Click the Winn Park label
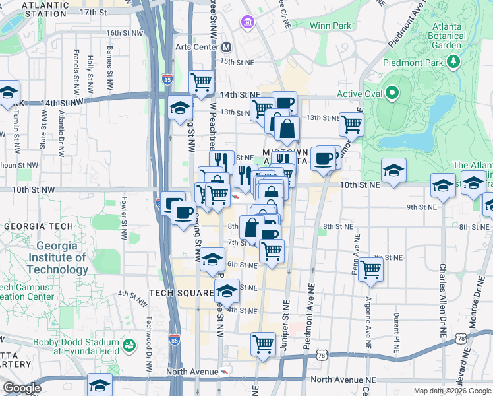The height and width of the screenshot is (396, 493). click(x=328, y=26)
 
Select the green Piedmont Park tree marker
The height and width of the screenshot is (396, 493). click(x=453, y=62)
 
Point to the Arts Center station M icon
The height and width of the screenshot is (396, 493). click(x=227, y=48)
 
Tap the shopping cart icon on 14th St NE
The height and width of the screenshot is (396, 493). click(x=201, y=82)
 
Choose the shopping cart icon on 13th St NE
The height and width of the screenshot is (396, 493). click(x=351, y=123)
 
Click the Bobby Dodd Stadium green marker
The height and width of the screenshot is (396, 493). click(x=129, y=345)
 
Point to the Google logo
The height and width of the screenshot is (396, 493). click(x=22, y=388)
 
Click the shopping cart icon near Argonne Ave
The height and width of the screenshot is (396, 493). click(x=371, y=269)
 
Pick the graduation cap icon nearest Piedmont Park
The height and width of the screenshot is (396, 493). click(x=393, y=170)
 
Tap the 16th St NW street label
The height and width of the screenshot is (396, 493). click(x=125, y=32)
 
